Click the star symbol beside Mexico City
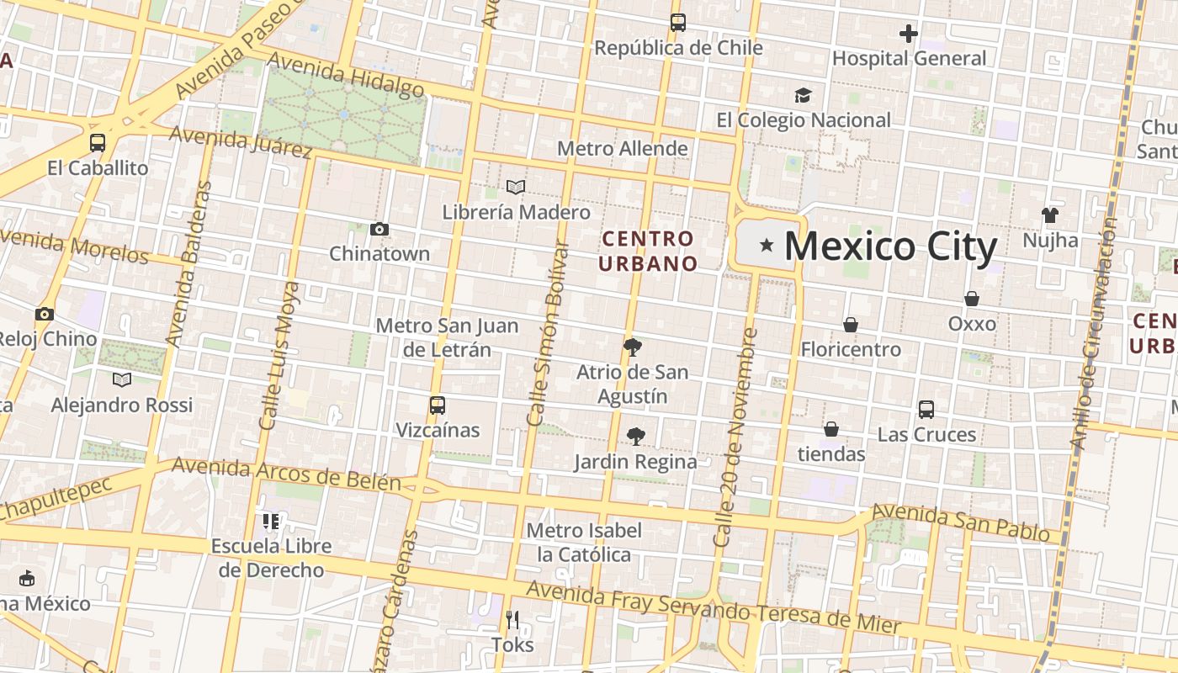click(x=767, y=246)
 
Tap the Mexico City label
click(x=890, y=246)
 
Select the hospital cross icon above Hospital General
click(x=908, y=34)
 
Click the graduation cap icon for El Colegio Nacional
click(x=804, y=95)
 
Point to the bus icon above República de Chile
click(x=678, y=23)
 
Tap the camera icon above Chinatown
click(x=379, y=229)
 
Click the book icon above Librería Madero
click(x=516, y=187)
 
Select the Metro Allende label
click(x=623, y=149)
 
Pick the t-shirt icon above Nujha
click(x=1049, y=215)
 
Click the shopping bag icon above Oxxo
click(x=972, y=299)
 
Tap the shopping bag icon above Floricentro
click(x=851, y=325)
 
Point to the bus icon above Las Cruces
click(x=926, y=410)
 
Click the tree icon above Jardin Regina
click(x=636, y=437)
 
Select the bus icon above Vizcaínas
click(x=438, y=405)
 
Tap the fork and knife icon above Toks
click(x=512, y=620)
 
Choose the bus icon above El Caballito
click(x=98, y=143)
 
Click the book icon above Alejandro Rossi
click(x=122, y=379)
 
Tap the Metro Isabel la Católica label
click(x=584, y=543)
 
